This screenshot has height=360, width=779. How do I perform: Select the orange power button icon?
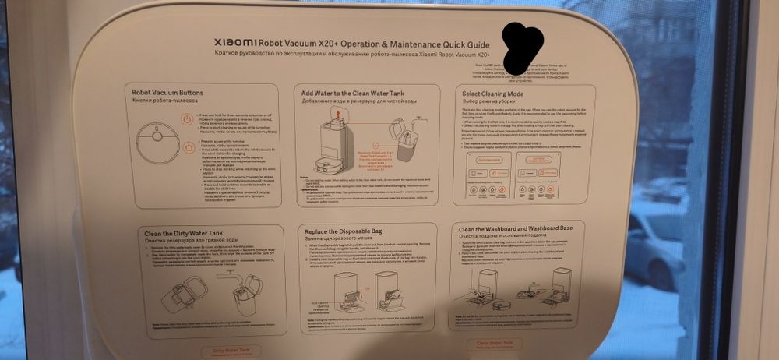point(187,120)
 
